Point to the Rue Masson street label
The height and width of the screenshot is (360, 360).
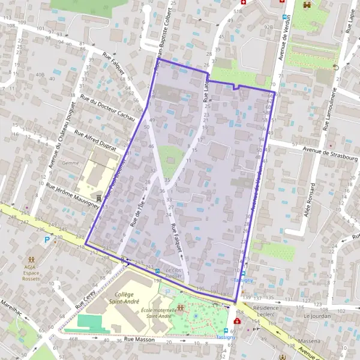click(139, 340)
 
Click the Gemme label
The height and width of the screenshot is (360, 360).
click(71, 163)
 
